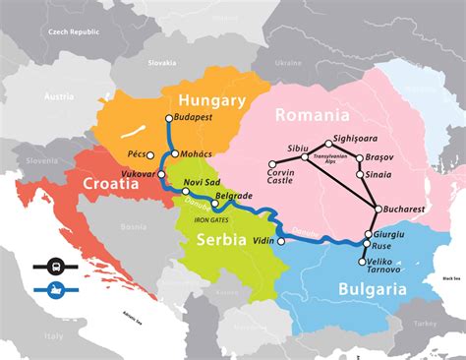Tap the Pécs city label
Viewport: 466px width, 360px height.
tap(136, 154)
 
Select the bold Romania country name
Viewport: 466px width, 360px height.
tap(314, 115)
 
